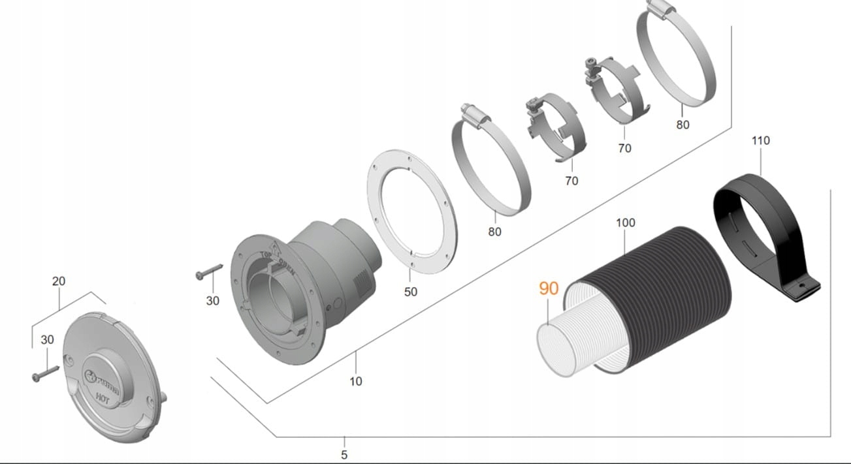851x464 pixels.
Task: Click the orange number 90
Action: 549,288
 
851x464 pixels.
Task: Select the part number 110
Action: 761,140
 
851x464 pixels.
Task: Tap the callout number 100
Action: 625,223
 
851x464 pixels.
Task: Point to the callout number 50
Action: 410,292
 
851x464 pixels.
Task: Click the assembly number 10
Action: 356,381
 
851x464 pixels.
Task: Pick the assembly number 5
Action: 344,455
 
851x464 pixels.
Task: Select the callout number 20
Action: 59,281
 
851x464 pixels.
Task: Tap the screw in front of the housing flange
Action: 208,272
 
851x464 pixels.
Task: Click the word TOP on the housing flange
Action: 266,255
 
